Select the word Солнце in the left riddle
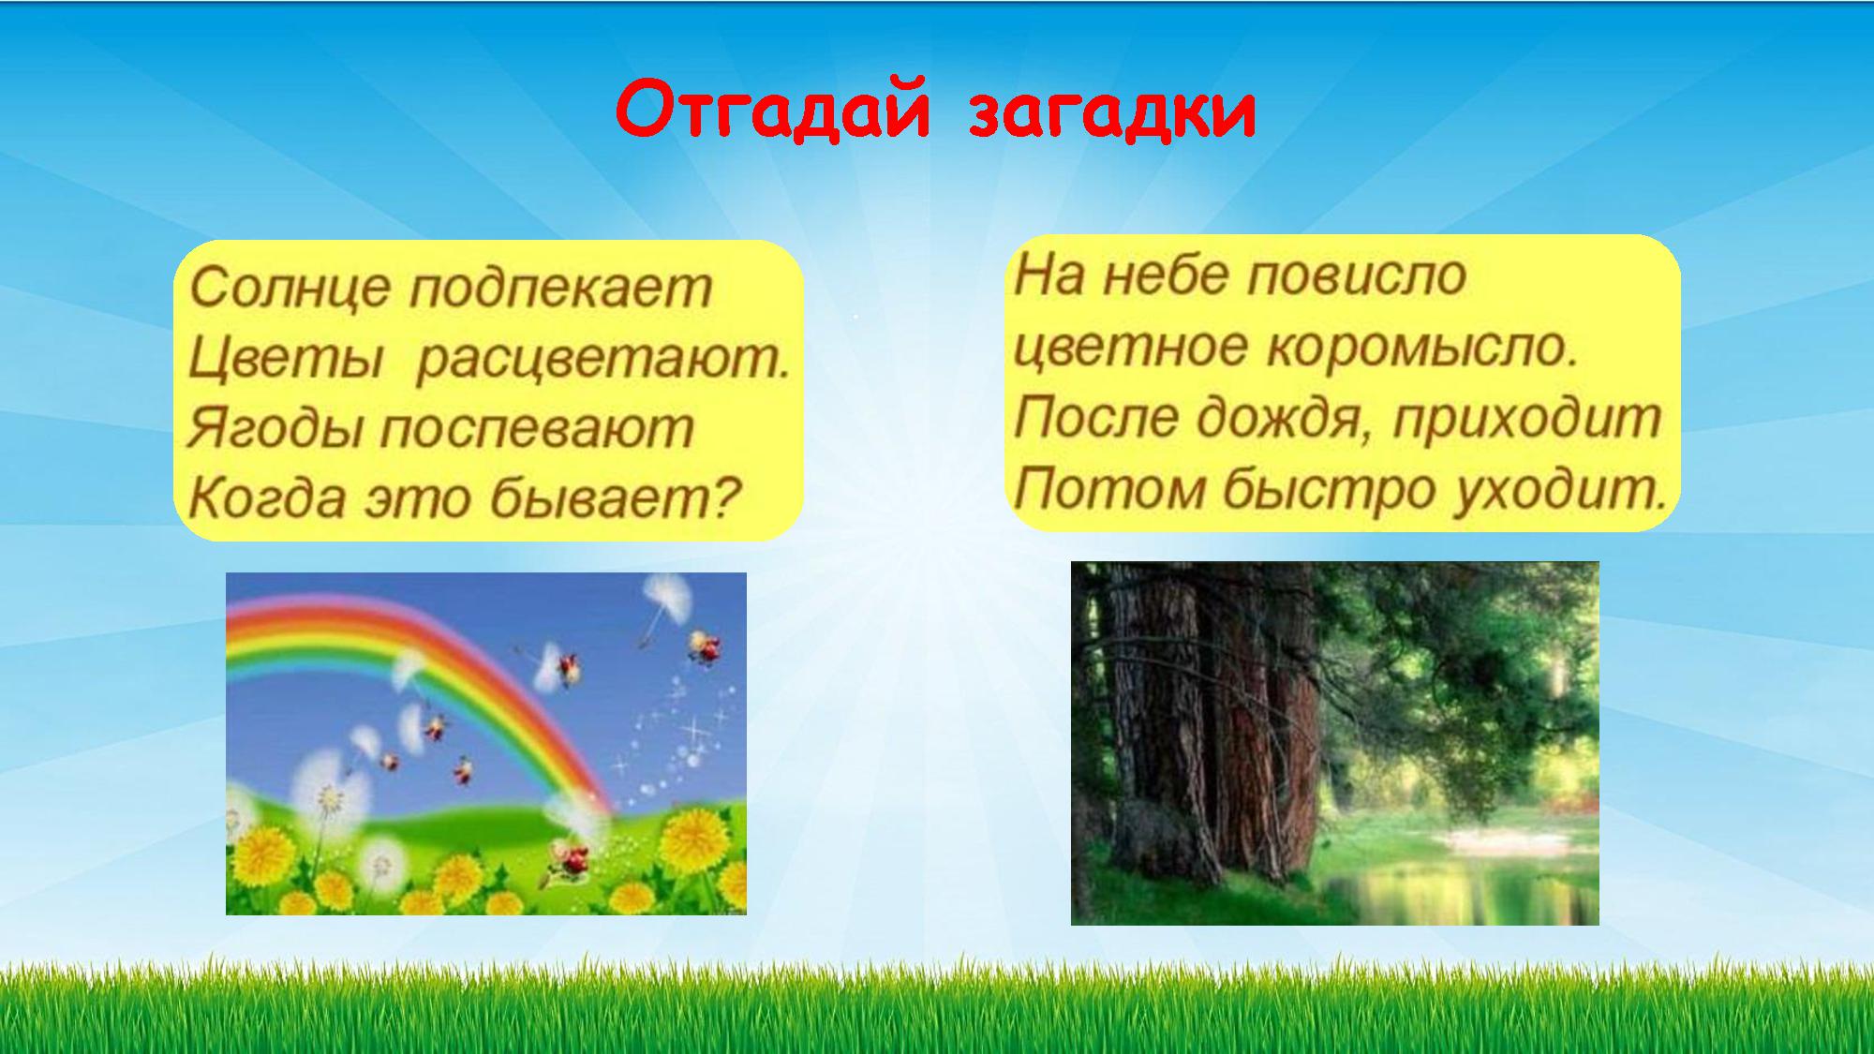tap(290, 287)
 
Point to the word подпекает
tap(561, 289)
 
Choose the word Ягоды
tap(275, 430)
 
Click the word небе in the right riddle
tap(1166, 275)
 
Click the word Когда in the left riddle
tap(268, 498)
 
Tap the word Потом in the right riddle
tap(1109, 488)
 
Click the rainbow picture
tap(486, 743)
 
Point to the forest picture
tap(1334, 743)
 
